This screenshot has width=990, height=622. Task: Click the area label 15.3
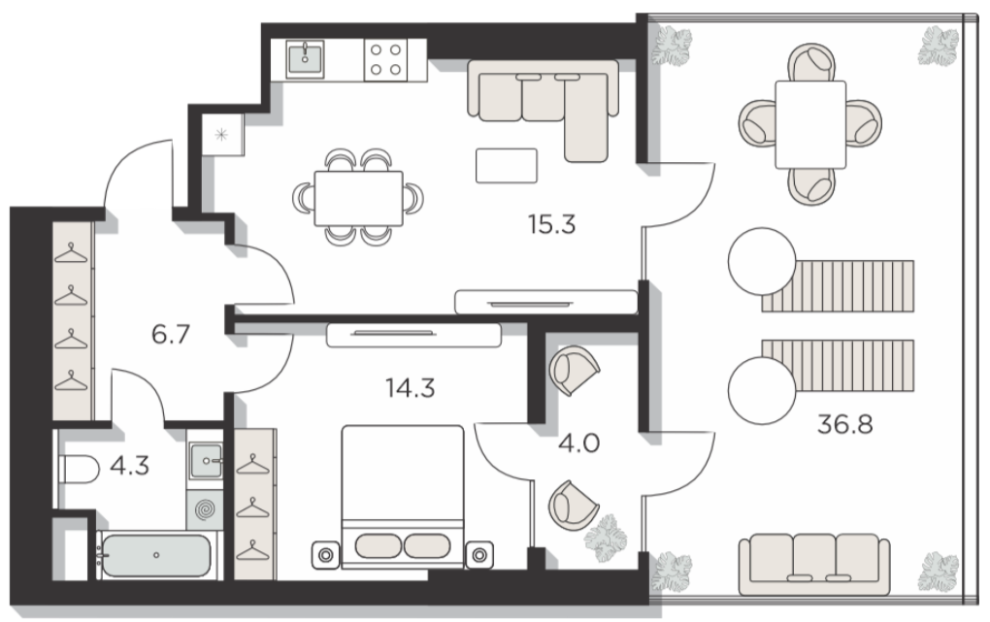[552, 224]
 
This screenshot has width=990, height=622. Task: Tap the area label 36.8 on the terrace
[844, 424]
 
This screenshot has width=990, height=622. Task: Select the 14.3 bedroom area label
[411, 388]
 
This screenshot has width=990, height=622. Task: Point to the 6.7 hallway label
[171, 334]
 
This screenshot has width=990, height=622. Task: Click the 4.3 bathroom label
[129, 466]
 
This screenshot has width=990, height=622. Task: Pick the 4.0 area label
[579, 442]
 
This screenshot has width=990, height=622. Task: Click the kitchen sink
[305, 59]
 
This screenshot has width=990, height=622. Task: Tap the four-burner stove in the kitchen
[385, 59]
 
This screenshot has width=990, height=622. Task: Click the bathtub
[156, 555]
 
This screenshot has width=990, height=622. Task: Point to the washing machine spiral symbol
[205, 509]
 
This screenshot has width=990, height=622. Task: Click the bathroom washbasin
[205, 460]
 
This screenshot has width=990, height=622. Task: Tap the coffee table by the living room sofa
[507, 165]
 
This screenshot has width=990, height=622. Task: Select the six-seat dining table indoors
[358, 198]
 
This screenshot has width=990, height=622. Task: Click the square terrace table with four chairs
[810, 124]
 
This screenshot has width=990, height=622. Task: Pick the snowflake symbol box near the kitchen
[221, 135]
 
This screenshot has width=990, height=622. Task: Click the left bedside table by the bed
[326, 555]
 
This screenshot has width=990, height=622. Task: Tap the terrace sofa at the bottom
[814, 565]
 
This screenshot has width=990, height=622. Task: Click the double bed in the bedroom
[402, 497]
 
